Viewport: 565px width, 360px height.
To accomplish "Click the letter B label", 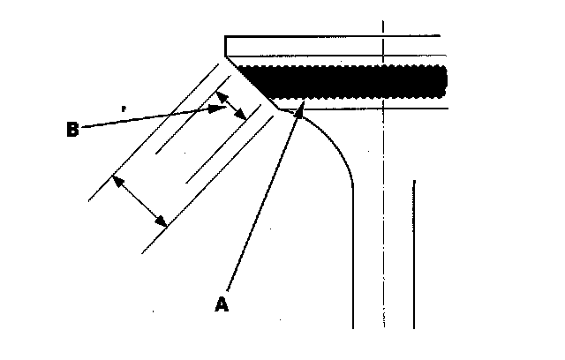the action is (73, 130).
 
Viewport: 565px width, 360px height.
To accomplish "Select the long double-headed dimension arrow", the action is (139, 200).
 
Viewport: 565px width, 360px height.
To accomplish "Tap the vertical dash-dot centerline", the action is (382, 176).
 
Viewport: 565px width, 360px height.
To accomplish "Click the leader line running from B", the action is (150, 119).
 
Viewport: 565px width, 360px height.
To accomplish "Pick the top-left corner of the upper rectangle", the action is (226, 36).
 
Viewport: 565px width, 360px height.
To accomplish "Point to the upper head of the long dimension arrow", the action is (116, 180).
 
